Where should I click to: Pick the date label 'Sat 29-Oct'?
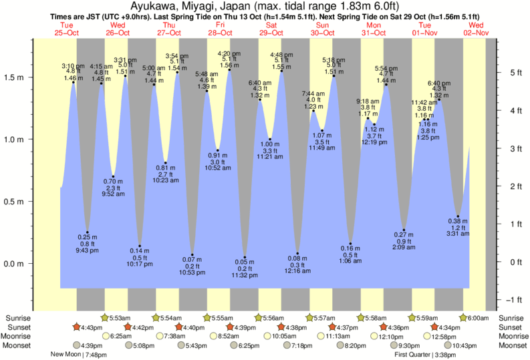point(271,29)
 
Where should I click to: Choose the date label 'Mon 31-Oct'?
point(374,29)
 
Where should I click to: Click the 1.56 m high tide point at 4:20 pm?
point(229,69)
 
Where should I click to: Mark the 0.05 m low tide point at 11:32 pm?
point(245,257)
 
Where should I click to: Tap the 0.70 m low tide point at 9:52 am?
point(114,177)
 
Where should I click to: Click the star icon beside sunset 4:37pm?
point(334,327)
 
